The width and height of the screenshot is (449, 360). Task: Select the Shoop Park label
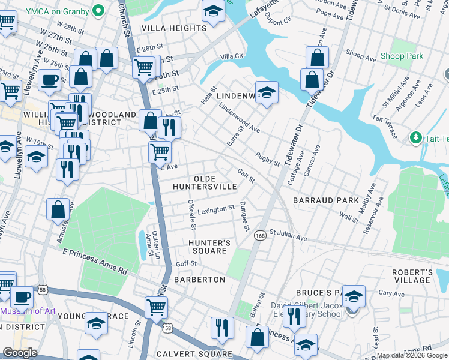click(402, 56)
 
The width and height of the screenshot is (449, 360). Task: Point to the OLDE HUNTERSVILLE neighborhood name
click(205, 183)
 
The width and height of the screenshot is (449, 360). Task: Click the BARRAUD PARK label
click(325, 200)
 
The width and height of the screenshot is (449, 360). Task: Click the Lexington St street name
click(216, 209)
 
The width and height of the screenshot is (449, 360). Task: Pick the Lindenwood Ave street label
click(240, 118)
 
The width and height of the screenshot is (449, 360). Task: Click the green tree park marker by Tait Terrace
click(415, 138)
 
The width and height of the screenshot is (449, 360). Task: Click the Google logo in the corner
click(20, 353)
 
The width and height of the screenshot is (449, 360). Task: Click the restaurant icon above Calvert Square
click(221, 327)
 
